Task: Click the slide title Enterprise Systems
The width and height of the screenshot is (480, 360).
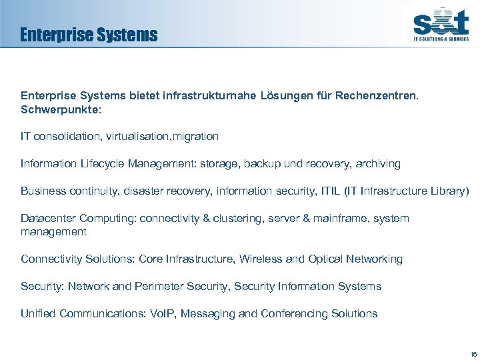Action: point(89,35)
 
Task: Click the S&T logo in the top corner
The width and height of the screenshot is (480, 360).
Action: point(440,25)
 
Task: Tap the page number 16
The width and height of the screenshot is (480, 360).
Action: point(473,353)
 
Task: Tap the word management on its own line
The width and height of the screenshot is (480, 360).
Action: point(53,231)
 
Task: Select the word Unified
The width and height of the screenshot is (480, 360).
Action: point(38,313)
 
